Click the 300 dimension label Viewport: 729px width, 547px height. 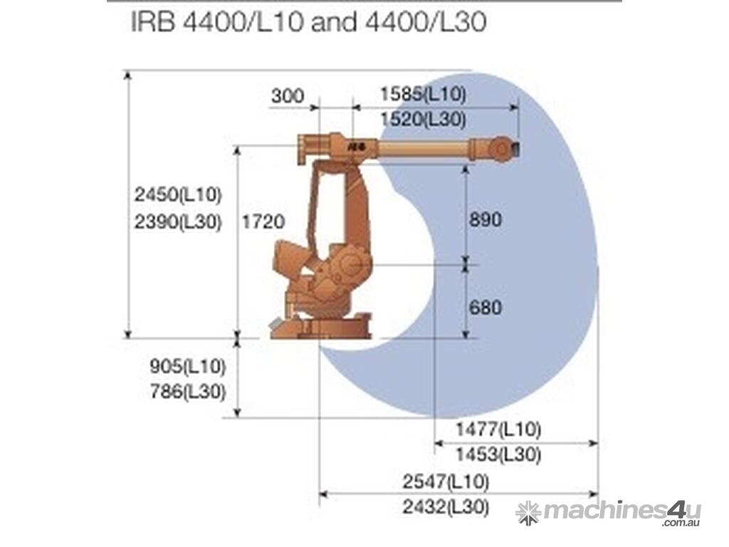coord(288,96)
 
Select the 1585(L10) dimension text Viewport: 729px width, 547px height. coord(423,94)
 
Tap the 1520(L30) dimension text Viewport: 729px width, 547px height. coord(423,120)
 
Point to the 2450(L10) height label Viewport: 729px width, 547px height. coord(177,194)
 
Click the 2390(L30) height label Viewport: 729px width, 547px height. coord(177,222)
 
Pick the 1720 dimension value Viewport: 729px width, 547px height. coord(263,222)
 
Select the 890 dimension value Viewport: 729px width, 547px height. coord(486,219)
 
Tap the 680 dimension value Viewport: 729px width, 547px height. coord(486,308)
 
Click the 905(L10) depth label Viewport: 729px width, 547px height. coord(187,367)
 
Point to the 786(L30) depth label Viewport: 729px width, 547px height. coord(187,392)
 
